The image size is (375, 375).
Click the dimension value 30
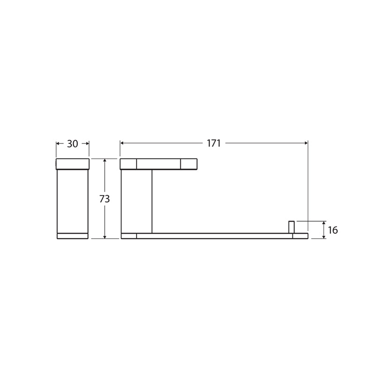(73, 144)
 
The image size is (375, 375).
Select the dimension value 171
(214, 143)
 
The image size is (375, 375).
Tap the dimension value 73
(105, 199)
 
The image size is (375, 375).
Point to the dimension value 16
(333, 230)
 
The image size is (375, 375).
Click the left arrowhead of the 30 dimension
(58, 143)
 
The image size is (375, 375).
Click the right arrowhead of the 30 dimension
(87, 143)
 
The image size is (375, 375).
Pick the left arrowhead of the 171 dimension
(122, 143)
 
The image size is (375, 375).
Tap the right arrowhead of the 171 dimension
(306, 143)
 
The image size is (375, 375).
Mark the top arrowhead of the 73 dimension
(105, 160)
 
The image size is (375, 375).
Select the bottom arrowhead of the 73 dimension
(105, 237)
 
